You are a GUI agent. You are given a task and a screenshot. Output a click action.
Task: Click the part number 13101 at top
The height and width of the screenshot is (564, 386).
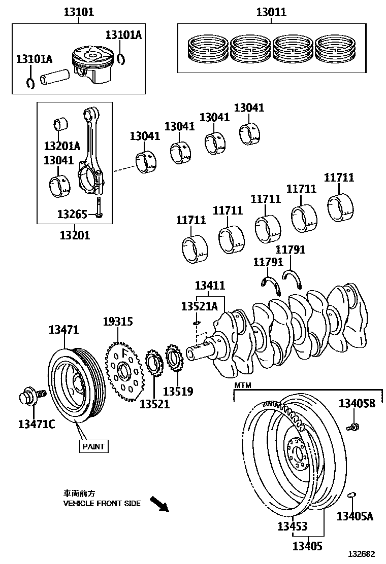(78, 12)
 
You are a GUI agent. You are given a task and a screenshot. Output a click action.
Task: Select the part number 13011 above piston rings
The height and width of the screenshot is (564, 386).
(271, 12)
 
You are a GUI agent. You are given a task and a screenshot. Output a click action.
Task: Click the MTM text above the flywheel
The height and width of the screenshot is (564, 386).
(242, 386)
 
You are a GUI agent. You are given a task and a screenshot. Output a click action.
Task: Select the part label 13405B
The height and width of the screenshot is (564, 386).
(357, 404)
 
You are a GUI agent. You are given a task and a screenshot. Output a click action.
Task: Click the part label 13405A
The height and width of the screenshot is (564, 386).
(355, 516)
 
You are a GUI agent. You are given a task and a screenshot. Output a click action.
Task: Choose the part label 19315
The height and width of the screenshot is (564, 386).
(117, 322)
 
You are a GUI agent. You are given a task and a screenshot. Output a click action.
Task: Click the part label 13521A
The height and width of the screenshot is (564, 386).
(199, 306)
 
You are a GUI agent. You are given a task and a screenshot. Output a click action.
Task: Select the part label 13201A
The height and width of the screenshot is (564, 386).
(62, 147)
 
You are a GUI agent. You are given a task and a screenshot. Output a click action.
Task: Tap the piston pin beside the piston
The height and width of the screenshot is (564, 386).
(55, 78)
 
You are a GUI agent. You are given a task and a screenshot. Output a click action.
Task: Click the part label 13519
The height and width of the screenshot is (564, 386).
(178, 391)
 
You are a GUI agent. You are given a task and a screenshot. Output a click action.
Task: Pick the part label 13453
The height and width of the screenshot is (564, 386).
(292, 526)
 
